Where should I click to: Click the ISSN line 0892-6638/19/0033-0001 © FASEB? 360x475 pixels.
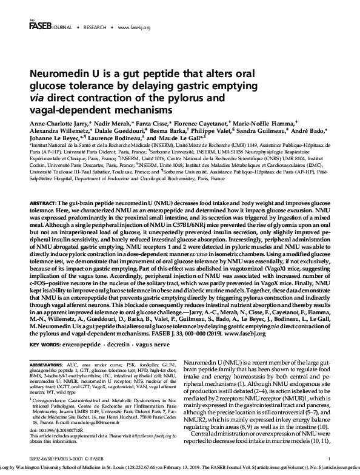66,458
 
